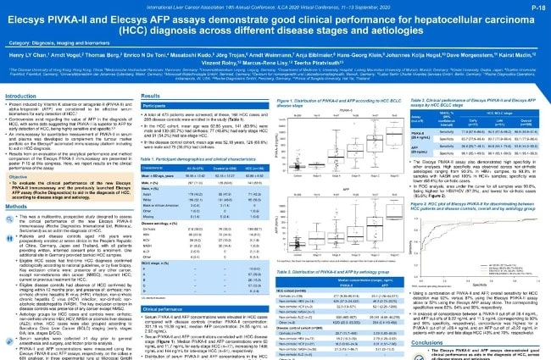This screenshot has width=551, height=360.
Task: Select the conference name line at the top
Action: coord(275,4)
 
